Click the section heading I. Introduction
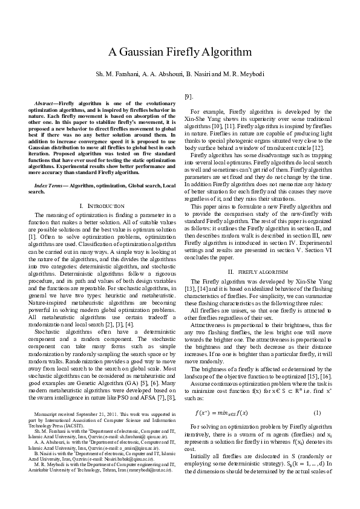pyautogui.click(x=102, y=206)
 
